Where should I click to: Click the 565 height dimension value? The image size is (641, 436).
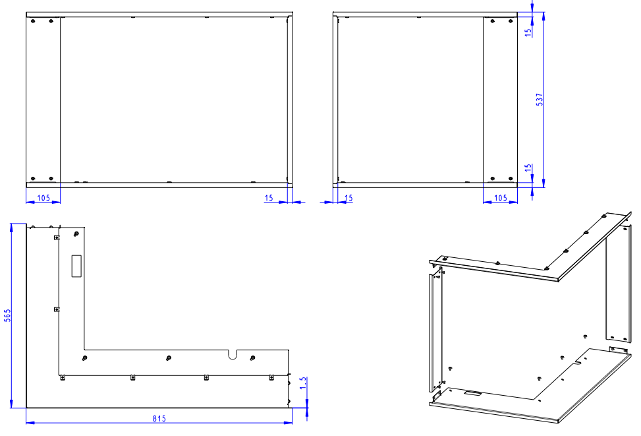coord(7,315)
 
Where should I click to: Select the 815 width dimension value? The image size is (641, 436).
coord(159,418)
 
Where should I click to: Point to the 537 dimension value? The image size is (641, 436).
coord(540,100)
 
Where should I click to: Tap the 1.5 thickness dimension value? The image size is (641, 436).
coord(303,383)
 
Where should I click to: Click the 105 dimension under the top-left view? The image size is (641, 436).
coord(43,198)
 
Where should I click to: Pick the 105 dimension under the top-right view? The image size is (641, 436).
coord(501,198)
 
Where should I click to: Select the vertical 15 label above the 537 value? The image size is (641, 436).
coord(528,32)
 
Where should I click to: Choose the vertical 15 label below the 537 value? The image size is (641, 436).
coord(528,168)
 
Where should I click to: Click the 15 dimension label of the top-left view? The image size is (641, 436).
coord(269,198)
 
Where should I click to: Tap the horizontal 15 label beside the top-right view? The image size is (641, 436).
coord(348,198)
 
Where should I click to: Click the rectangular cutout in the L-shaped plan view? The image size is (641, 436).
coord(76,266)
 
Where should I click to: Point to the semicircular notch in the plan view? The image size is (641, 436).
coord(233,354)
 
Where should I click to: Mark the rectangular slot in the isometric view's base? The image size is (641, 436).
coord(472,393)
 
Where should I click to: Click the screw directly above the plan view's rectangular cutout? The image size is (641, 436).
coord(76,234)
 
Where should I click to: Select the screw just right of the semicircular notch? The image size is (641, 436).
coord(252,358)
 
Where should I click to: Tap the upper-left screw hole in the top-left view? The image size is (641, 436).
coord(33,21)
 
